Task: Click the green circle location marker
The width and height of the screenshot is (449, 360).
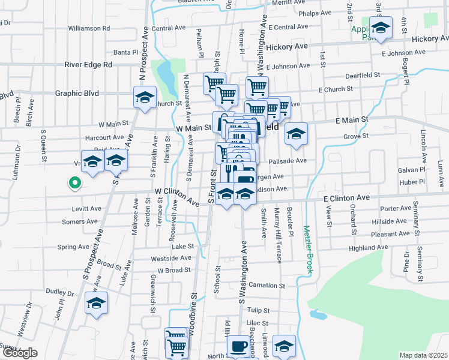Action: point(74,182)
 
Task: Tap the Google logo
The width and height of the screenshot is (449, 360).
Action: point(20,353)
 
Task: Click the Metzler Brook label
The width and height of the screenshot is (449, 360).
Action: point(308,250)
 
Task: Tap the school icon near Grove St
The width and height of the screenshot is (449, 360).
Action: point(296,134)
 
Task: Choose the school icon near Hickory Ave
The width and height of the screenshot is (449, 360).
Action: point(380,28)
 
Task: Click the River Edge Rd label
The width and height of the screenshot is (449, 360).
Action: point(88,64)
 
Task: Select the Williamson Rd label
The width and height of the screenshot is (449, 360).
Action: point(89,28)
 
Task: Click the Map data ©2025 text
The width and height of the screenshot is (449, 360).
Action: point(424,355)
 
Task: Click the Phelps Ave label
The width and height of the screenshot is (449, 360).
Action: point(315,13)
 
